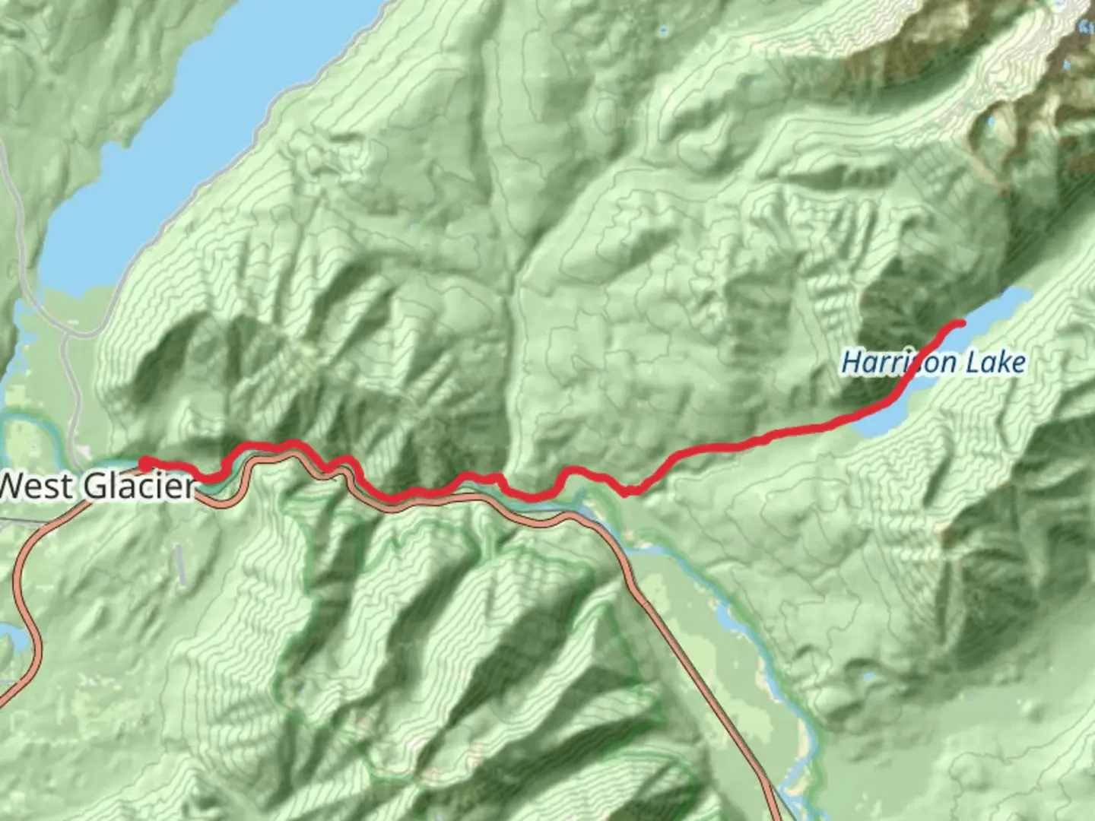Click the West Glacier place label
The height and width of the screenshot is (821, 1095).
97,485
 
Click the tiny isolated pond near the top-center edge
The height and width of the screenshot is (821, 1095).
663,31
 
